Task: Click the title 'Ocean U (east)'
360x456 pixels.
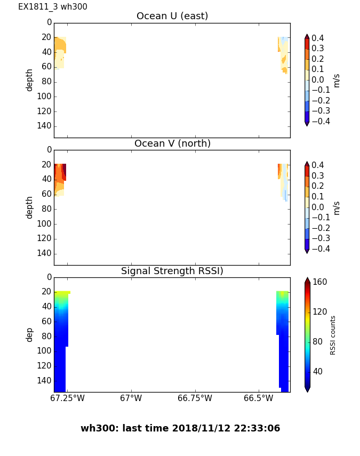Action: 172,16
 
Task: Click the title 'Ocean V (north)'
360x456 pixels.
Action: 172,143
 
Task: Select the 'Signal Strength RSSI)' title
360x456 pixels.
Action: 172,271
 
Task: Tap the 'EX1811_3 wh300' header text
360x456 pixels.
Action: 53,7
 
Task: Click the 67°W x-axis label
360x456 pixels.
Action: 131,398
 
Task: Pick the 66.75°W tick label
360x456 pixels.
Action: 195,398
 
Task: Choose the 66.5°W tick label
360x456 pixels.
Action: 258,398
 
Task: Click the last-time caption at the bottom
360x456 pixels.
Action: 180,428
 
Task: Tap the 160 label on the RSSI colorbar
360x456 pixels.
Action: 320,282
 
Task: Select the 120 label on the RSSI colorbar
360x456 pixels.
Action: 320,312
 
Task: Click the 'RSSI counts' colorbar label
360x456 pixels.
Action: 333,335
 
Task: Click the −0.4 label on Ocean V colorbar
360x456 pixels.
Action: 319,249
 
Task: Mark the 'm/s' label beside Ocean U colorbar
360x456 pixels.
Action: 336,80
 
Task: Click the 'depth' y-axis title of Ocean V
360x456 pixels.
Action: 30,207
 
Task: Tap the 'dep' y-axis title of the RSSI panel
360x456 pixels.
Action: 30,334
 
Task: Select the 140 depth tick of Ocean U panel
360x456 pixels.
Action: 45,126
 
